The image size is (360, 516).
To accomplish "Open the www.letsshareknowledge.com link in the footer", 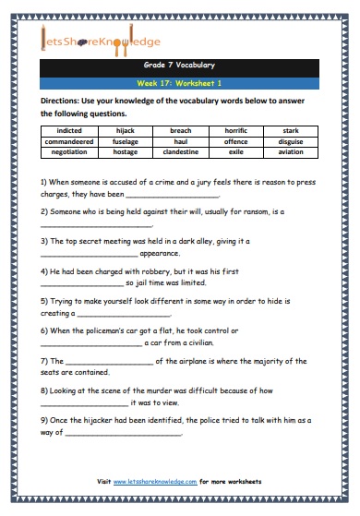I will pyautogui.click(x=157, y=482).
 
